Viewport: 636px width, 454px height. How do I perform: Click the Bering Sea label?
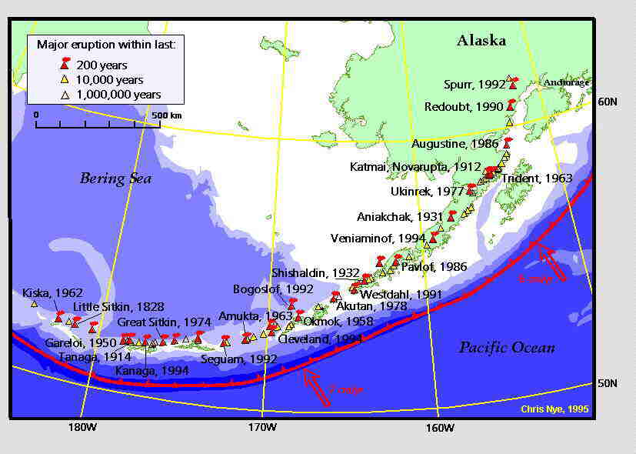tap(115, 179)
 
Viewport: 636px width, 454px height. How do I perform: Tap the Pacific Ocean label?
tap(507, 348)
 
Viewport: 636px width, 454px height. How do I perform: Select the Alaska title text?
tap(481, 41)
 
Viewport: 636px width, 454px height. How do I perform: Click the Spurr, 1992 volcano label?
tap(475, 85)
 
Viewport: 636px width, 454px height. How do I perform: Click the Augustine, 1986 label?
tap(455, 143)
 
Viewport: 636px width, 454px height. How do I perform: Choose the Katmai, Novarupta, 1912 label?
tap(415, 166)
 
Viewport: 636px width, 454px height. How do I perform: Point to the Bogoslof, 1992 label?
tap(262, 289)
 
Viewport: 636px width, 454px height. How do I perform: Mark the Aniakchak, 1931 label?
tap(400, 216)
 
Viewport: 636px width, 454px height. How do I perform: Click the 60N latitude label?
tap(608, 101)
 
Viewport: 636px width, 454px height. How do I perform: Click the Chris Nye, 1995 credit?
tap(554, 409)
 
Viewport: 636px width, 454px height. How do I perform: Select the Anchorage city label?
tap(566, 82)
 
